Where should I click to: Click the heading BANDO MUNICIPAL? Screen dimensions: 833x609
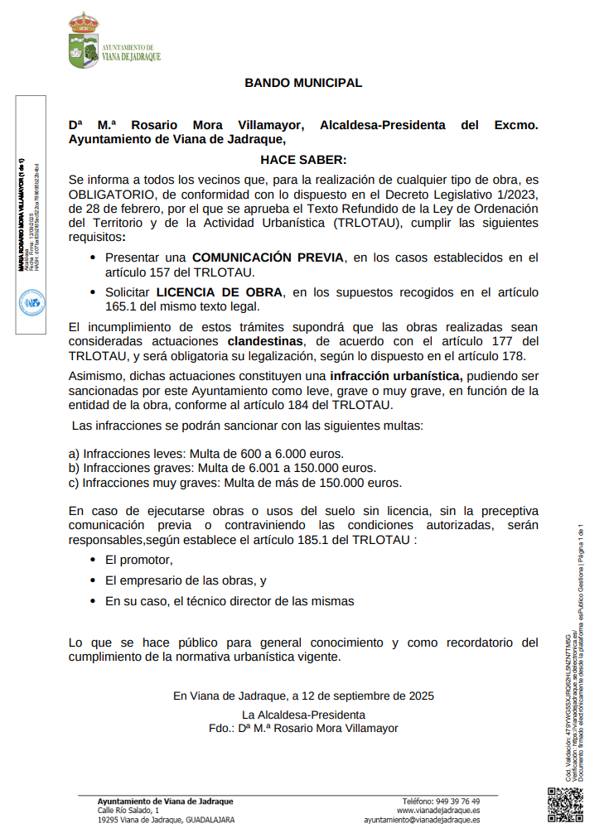[303, 83]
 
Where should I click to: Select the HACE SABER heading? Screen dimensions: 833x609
[303, 159]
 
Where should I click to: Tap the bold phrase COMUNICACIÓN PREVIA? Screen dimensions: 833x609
[267, 258]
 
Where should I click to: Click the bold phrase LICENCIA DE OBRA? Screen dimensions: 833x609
[220, 291]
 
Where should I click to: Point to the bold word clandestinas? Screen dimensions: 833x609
[265, 341]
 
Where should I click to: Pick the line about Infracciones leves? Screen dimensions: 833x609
[205, 454]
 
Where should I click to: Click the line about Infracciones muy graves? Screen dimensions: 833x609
[235, 483]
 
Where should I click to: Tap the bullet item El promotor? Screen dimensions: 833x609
[138, 560]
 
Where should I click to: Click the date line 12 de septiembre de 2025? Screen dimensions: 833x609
[303, 696]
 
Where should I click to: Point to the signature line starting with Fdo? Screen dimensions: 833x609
[303, 728]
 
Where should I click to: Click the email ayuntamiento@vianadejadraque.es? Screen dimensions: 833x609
[422, 820]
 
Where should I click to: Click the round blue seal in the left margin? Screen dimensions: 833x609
[31, 303]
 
